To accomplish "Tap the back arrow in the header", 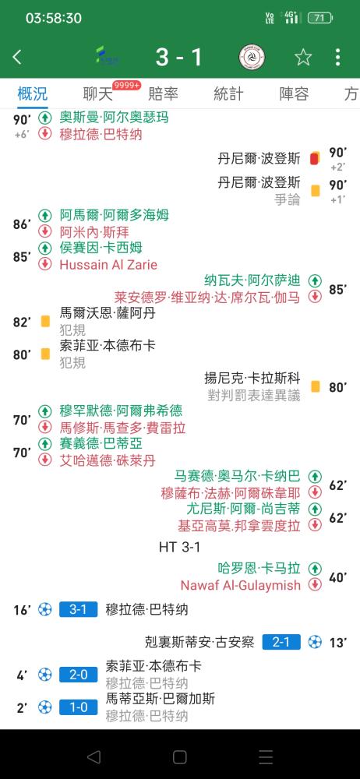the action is coord(17,57).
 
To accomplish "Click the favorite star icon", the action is coord(303,57).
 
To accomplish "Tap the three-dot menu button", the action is coord(338,57).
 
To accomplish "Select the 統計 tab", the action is coord(229,94).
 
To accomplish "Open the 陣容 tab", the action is coord(294,94).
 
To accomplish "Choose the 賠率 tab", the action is coord(163,94).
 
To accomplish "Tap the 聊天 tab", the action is coord(98,94).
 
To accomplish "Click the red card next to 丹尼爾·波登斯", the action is coord(314,158).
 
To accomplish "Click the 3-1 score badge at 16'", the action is coord(78,609).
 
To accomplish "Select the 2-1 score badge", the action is coord(281,642).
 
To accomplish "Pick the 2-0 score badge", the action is coord(78,675).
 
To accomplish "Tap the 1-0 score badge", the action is coord(78,707).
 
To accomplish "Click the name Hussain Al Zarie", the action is coord(108,265).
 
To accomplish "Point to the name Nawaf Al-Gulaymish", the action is coord(241,585).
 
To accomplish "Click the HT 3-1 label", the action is coord(179,547).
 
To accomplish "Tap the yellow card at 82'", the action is coord(45,322).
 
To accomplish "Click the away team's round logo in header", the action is coord(252,57).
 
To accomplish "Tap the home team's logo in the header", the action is coord(107,55).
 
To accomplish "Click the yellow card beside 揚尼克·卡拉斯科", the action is coord(316,386).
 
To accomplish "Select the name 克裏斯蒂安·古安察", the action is coord(199,642).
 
